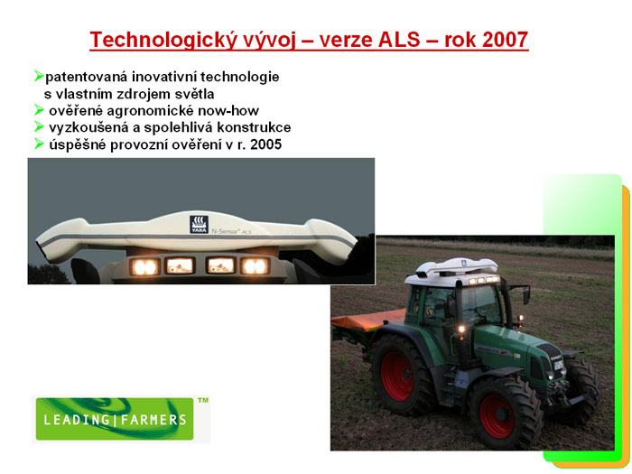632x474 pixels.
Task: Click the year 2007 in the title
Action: coord(505,40)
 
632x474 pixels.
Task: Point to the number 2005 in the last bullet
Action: coord(266,144)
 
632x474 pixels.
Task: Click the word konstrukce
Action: coord(254,127)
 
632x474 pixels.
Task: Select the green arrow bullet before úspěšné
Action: coord(39,144)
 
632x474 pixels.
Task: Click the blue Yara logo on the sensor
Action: coord(200,225)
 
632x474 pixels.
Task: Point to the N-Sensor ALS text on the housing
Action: coord(232,231)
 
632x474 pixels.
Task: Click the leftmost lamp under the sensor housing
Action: coord(144,267)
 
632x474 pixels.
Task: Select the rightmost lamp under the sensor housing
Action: coord(255,266)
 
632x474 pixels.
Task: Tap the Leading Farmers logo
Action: coord(115,419)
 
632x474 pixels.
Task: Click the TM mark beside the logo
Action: coord(203,400)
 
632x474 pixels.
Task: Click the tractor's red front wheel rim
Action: coord(497,416)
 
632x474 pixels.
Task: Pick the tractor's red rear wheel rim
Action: coord(397,376)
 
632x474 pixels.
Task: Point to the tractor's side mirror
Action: coord(526,295)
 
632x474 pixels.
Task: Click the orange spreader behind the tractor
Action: coord(367,320)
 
